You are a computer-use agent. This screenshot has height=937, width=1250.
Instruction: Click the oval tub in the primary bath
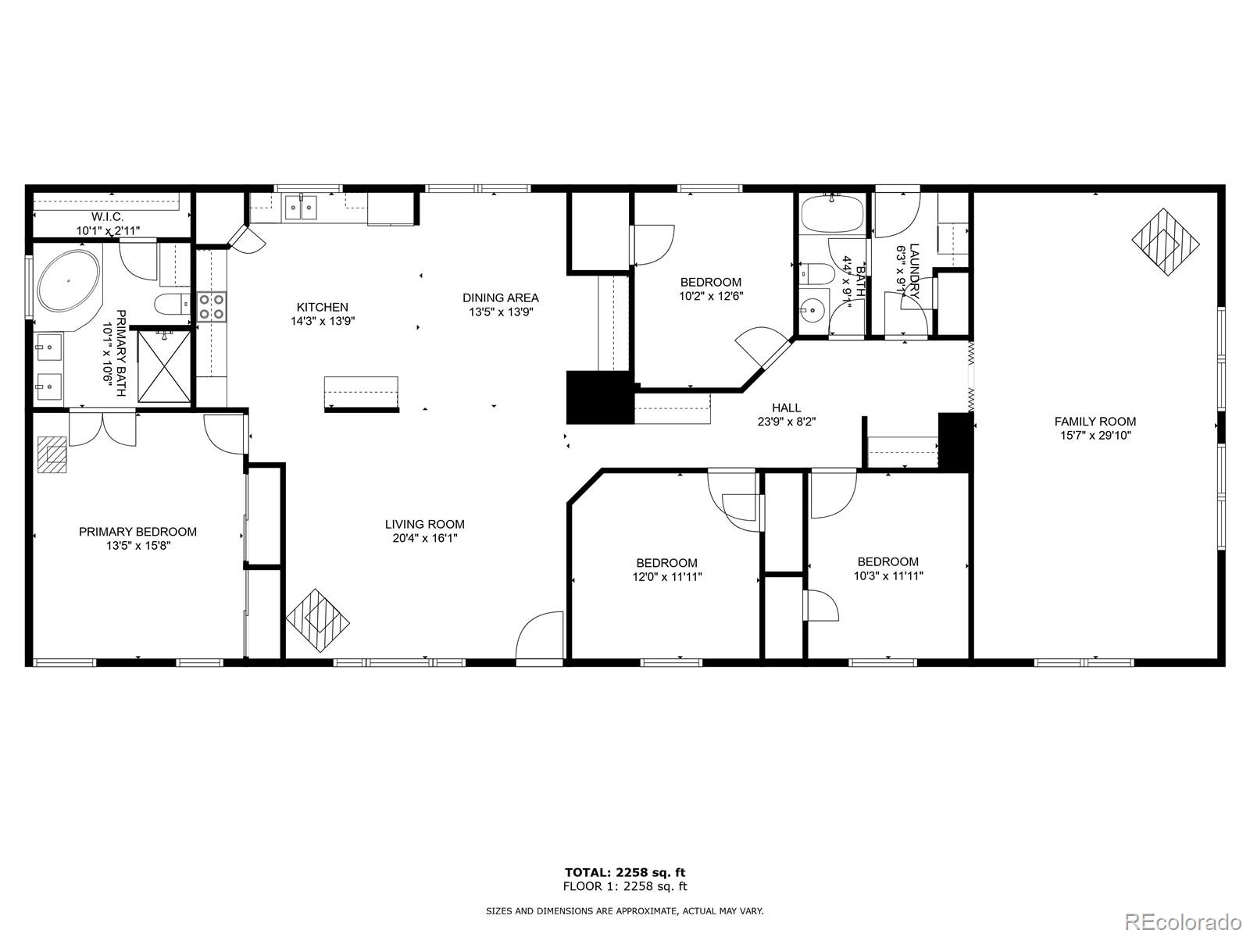[x=68, y=280]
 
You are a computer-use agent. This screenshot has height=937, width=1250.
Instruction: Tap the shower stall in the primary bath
[x=164, y=366]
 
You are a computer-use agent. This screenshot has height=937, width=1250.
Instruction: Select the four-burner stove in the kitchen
[x=212, y=307]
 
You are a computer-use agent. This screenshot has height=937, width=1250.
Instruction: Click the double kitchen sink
[x=302, y=207]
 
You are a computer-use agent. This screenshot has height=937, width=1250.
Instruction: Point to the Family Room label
[x=1095, y=422]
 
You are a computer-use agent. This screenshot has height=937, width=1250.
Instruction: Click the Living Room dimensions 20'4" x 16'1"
[x=425, y=538]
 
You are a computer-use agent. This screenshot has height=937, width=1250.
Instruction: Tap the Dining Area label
[x=501, y=297]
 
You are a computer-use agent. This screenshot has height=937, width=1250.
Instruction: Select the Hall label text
[x=787, y=408]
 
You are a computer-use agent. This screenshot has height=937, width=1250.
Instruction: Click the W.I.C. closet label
[x=108, y=217]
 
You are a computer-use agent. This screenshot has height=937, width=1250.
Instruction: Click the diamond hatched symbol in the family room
[x=1166, y=242]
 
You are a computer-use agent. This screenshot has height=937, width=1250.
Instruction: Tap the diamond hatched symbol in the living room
[x=317, y=620]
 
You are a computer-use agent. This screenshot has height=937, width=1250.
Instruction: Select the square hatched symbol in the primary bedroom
[x=52, y=454]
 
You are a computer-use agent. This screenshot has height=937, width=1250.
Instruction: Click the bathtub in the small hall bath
[x=833, y=214]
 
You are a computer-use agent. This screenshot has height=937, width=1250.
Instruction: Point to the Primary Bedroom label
[x=137, y=532]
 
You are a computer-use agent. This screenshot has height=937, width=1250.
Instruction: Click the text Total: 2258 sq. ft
[x=625, y=872]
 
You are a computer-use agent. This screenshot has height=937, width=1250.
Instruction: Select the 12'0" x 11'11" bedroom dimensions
[x=667, y=577]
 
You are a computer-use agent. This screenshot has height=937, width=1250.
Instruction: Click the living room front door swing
[x=539, y=636]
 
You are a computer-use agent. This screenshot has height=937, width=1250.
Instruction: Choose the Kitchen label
[x=323, y=307]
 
